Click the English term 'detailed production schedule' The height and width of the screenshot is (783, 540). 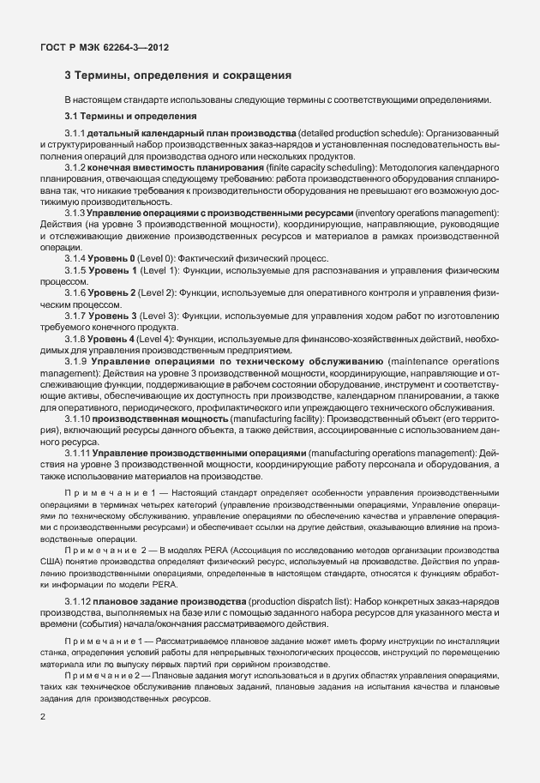[362, 135]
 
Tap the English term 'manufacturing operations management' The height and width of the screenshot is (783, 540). [387, 452]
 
